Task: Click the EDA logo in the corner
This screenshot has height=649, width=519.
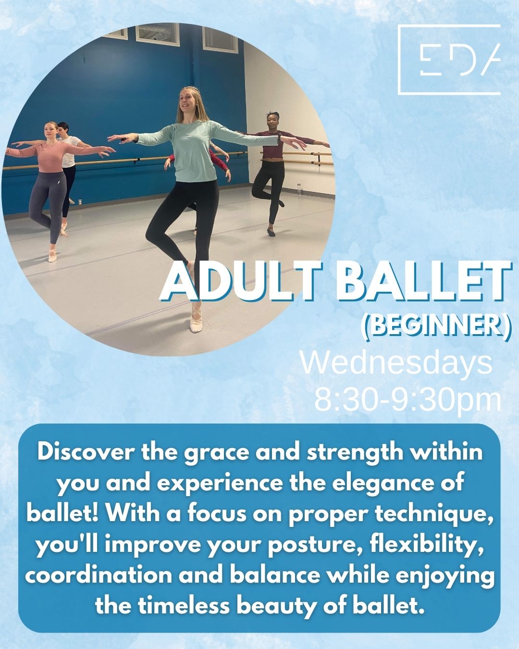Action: pos(449,60)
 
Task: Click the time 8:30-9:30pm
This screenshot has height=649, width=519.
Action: pos(408,399)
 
